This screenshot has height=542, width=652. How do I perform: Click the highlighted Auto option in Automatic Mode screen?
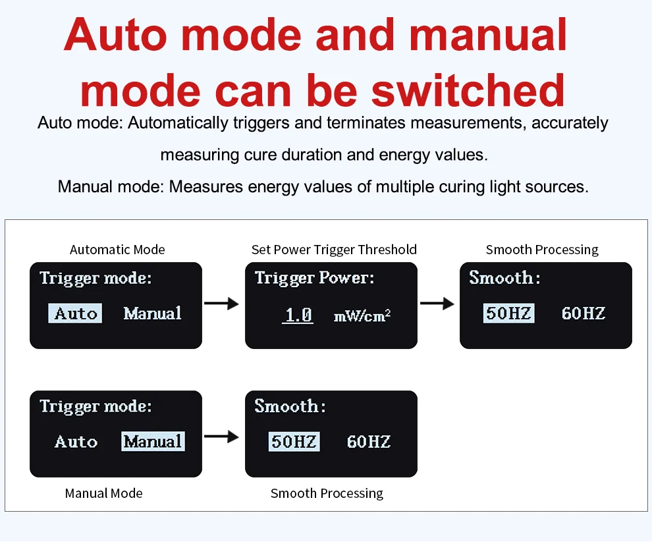pyautogui.click(x=75, y=313)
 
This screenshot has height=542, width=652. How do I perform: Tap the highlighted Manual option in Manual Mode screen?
pyautogui.click(x=153, y=441)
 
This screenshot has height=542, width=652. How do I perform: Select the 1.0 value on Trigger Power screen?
pyautogui.click(x=298, y=315)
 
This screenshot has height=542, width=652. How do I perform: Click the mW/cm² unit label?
pyautogui.click(x=362, y=315)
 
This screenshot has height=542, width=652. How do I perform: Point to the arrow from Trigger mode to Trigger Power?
pyautogui.click(x=222, y=303)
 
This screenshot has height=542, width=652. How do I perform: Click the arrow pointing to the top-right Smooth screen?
pyautogui.click(x=437, y=303)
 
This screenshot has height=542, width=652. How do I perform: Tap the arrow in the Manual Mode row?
pyautogui.click(x=222, y=437)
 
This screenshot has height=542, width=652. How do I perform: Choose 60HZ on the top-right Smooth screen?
pyautogui.click(x=584, y=313)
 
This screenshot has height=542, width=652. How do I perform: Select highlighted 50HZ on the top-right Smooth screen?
pyautogui.click(x=508, y=313)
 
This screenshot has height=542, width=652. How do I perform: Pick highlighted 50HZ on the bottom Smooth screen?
pyautogui.click(x=294, y=441)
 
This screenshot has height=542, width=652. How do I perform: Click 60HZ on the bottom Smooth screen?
pyautogui.click(x=369, y=442)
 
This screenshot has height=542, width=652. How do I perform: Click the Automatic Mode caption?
pyautogui.click(x=117, y=250)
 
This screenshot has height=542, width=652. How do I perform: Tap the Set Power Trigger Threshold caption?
pyautogui.click(x=334, y=250)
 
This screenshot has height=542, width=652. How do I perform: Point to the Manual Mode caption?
pyautogui.click(x=104, y=493)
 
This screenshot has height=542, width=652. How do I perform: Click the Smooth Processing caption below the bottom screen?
pyautogui.click(x=327, y=493)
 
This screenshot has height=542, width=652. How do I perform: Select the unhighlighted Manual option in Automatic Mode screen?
pyautogui.click(x=153, y=313)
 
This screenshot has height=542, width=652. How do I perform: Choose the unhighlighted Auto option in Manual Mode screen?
pyautogui.click(x=76, y=442)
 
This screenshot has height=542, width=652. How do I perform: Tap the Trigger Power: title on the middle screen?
pyautogui.click(x=314, y=278)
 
